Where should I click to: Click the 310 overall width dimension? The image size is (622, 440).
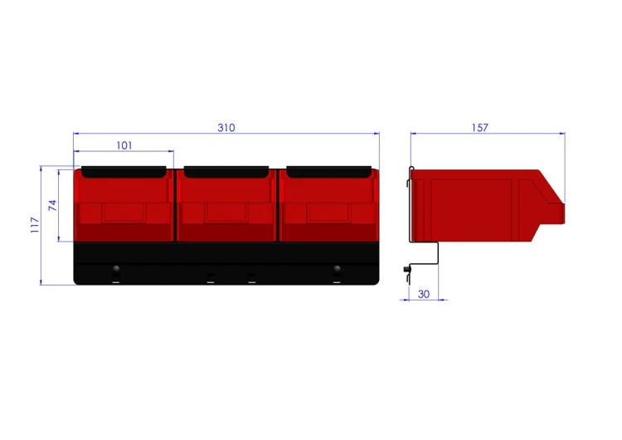(x=226, y=128)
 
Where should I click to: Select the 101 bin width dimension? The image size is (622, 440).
(x=124, y=145)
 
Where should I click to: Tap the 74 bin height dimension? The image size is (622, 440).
(x=53, y=205)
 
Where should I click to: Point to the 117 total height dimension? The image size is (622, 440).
(x=35, y=225)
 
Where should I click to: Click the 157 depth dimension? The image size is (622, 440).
(x=479, y=128)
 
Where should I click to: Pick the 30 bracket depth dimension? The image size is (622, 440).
(x=424, y=294)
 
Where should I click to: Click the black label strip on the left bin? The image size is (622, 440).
(x=124, y=172)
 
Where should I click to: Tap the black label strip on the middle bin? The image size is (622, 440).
(x=226, y=172)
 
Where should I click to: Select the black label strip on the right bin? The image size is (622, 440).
(x=329, y=172)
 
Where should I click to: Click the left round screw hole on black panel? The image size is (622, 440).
(x=116, y=269)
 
